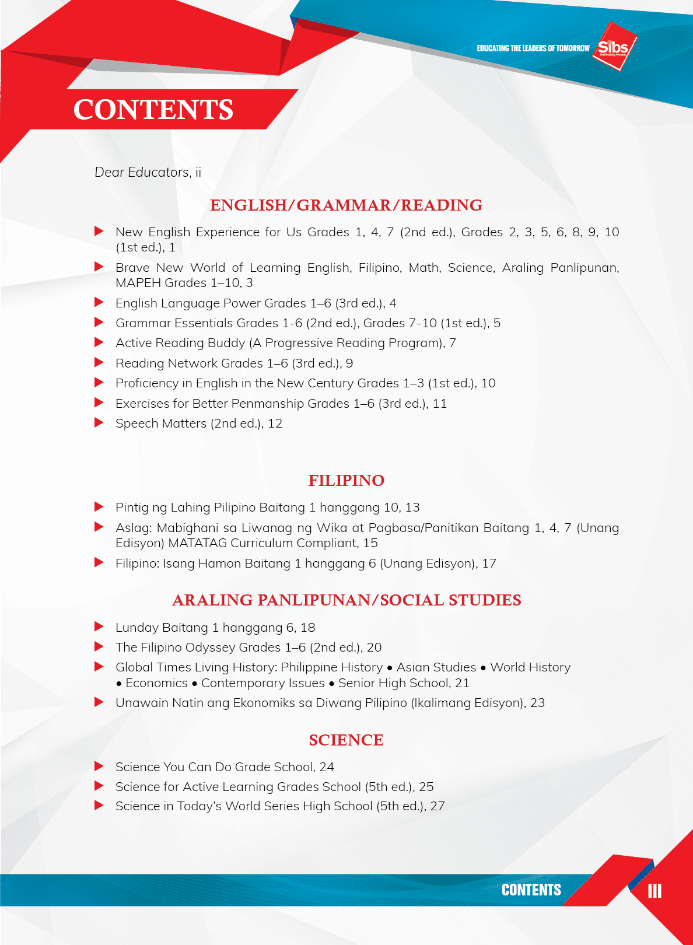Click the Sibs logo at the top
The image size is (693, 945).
(x=613, y=47)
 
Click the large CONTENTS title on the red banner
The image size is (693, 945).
(x=153, y=110)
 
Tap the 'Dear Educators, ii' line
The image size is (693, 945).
(x=148, y=173)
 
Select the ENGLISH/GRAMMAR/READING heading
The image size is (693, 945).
(x=346, y=205)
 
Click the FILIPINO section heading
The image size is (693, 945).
(x=346, y=481)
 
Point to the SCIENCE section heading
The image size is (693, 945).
(x=346, y=740)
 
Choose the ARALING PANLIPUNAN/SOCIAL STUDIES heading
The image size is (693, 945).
(x=346, y=600)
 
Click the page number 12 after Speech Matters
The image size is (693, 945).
(x=275, y=424)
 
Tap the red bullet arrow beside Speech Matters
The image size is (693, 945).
(x=99, y=423)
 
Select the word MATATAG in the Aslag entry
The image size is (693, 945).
(x=198, y=544)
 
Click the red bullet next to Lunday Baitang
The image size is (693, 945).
(x=99, y=627)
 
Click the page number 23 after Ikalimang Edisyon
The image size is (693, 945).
(x=537, y=703)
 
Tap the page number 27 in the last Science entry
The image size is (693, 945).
(x=437, y=806)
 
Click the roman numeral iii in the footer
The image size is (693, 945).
(x=654, y=891)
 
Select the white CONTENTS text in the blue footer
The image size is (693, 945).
(x=531, y=890)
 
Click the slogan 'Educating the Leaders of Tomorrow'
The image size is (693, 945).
(x=533, y=48)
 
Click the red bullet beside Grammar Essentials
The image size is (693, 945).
(x=99, y=323)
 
